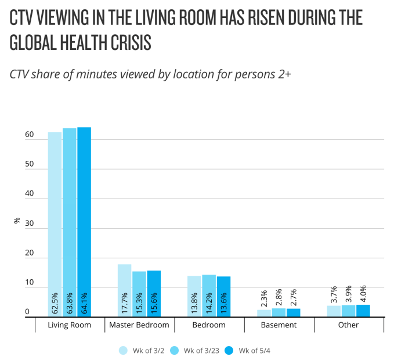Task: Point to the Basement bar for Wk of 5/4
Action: pyautogui.click(x=293, y=312)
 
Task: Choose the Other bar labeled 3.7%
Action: pyautogui.click(x=334, y=311)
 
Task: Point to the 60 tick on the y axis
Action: pyautogui.click(x=29, y=135)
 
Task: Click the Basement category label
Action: pyautogui.click(x=279, y=325)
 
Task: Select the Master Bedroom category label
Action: pyautogui.click(x=139, y=325)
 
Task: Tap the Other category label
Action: pyautogui.click(x=348, y=325)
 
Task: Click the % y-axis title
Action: pyautogui.click(x=17, y=221)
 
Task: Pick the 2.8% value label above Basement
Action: pyautogui.click(x=279, y=297)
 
